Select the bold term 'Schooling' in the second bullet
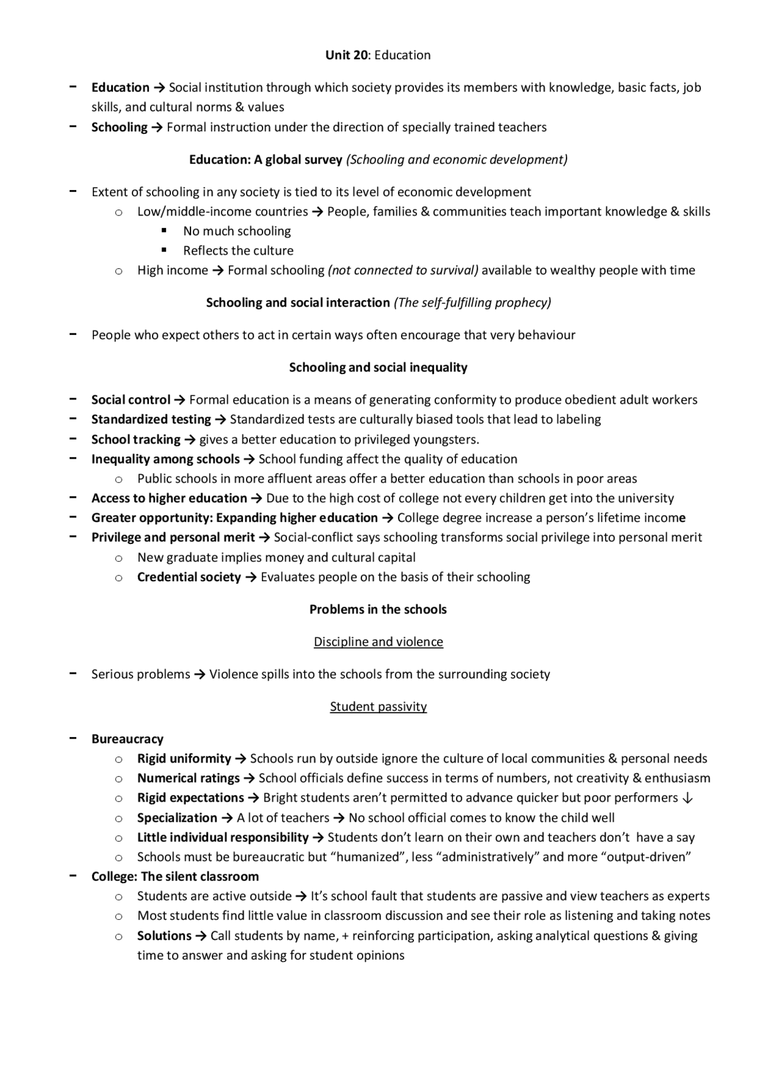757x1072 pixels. coord(119,127)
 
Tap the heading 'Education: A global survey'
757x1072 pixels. coord(266,160)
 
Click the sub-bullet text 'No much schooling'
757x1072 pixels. coord(237,231)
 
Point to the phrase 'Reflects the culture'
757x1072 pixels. coord(238,251)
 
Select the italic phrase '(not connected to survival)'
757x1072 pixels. coord(403,271)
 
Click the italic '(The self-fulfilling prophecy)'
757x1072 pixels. coord(472,302)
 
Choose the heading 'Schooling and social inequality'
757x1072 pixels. coord(378,368)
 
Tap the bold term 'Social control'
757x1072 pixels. coord(131,400)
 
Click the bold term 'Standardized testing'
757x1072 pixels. coord(151,420)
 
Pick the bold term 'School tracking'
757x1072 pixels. coord(135,440)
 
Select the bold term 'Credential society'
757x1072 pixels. coord(189,577)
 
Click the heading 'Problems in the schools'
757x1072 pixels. coord(378,610)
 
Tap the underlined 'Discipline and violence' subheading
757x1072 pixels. coord(378,642)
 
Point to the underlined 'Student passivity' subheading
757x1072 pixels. coord(378,707)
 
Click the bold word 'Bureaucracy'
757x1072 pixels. coord(127,739)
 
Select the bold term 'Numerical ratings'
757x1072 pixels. coord(188,778)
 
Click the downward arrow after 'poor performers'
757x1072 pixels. coord(687,799)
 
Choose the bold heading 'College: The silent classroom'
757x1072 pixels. coord(175,877)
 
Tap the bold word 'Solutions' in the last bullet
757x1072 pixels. coord(164,936)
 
